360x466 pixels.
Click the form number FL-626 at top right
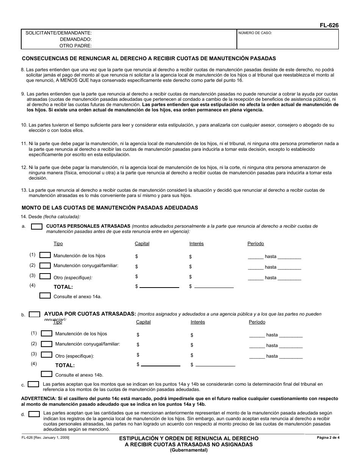[329, 25]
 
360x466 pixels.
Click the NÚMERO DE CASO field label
[255, 33]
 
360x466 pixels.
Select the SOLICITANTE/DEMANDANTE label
[58, 33]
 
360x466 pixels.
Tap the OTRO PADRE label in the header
[75, 46]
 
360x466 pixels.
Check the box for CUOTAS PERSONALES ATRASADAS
[36, 227]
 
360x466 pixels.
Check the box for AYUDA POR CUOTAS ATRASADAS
[34, 314]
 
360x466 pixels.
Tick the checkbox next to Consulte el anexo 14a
[45, 296]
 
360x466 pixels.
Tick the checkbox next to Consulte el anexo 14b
[46, 374]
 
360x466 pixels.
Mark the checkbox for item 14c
[33, 384]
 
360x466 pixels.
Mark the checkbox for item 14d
[34, 414]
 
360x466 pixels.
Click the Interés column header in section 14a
[196, 244]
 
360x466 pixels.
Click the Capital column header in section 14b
[143, 322]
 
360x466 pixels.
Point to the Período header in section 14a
[255, 244]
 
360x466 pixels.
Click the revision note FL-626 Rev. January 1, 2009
[45, 438]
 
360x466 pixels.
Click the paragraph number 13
[24, 190]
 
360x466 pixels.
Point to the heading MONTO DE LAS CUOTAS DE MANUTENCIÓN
[110, 208]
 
